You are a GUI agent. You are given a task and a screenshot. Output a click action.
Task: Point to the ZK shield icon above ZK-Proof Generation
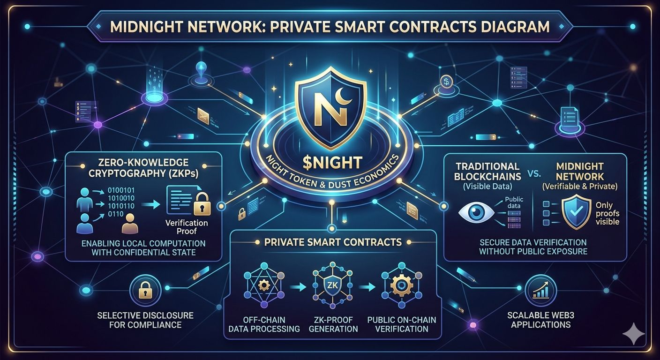coord(331,286)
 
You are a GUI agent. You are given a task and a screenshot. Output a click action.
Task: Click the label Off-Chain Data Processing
coord(264,324)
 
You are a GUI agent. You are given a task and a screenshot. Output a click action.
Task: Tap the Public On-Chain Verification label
coord(402,324)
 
